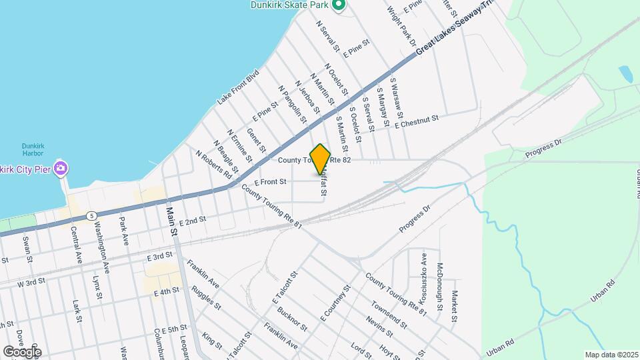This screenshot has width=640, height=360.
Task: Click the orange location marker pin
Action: click(x=321, y=159)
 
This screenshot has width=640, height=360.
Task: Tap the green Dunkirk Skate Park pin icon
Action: click(x=339, y=6)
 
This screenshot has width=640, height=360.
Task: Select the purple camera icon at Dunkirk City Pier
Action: click(x=61, y=167)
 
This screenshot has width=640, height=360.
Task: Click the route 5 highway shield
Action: click(x=91, y=215)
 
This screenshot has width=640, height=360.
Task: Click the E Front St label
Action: click(x=269, y=181)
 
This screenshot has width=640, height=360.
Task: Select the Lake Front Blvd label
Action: click(x=237, y=89)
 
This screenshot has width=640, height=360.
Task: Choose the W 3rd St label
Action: click(x=35, y=283)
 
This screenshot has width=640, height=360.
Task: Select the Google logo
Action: click(x=22, y=351)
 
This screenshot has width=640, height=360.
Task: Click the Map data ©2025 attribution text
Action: click(x=610, y=354)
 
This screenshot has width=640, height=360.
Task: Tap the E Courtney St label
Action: click(x=335, y=303)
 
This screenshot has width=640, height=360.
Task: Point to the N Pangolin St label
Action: click(x=293, y=104)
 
